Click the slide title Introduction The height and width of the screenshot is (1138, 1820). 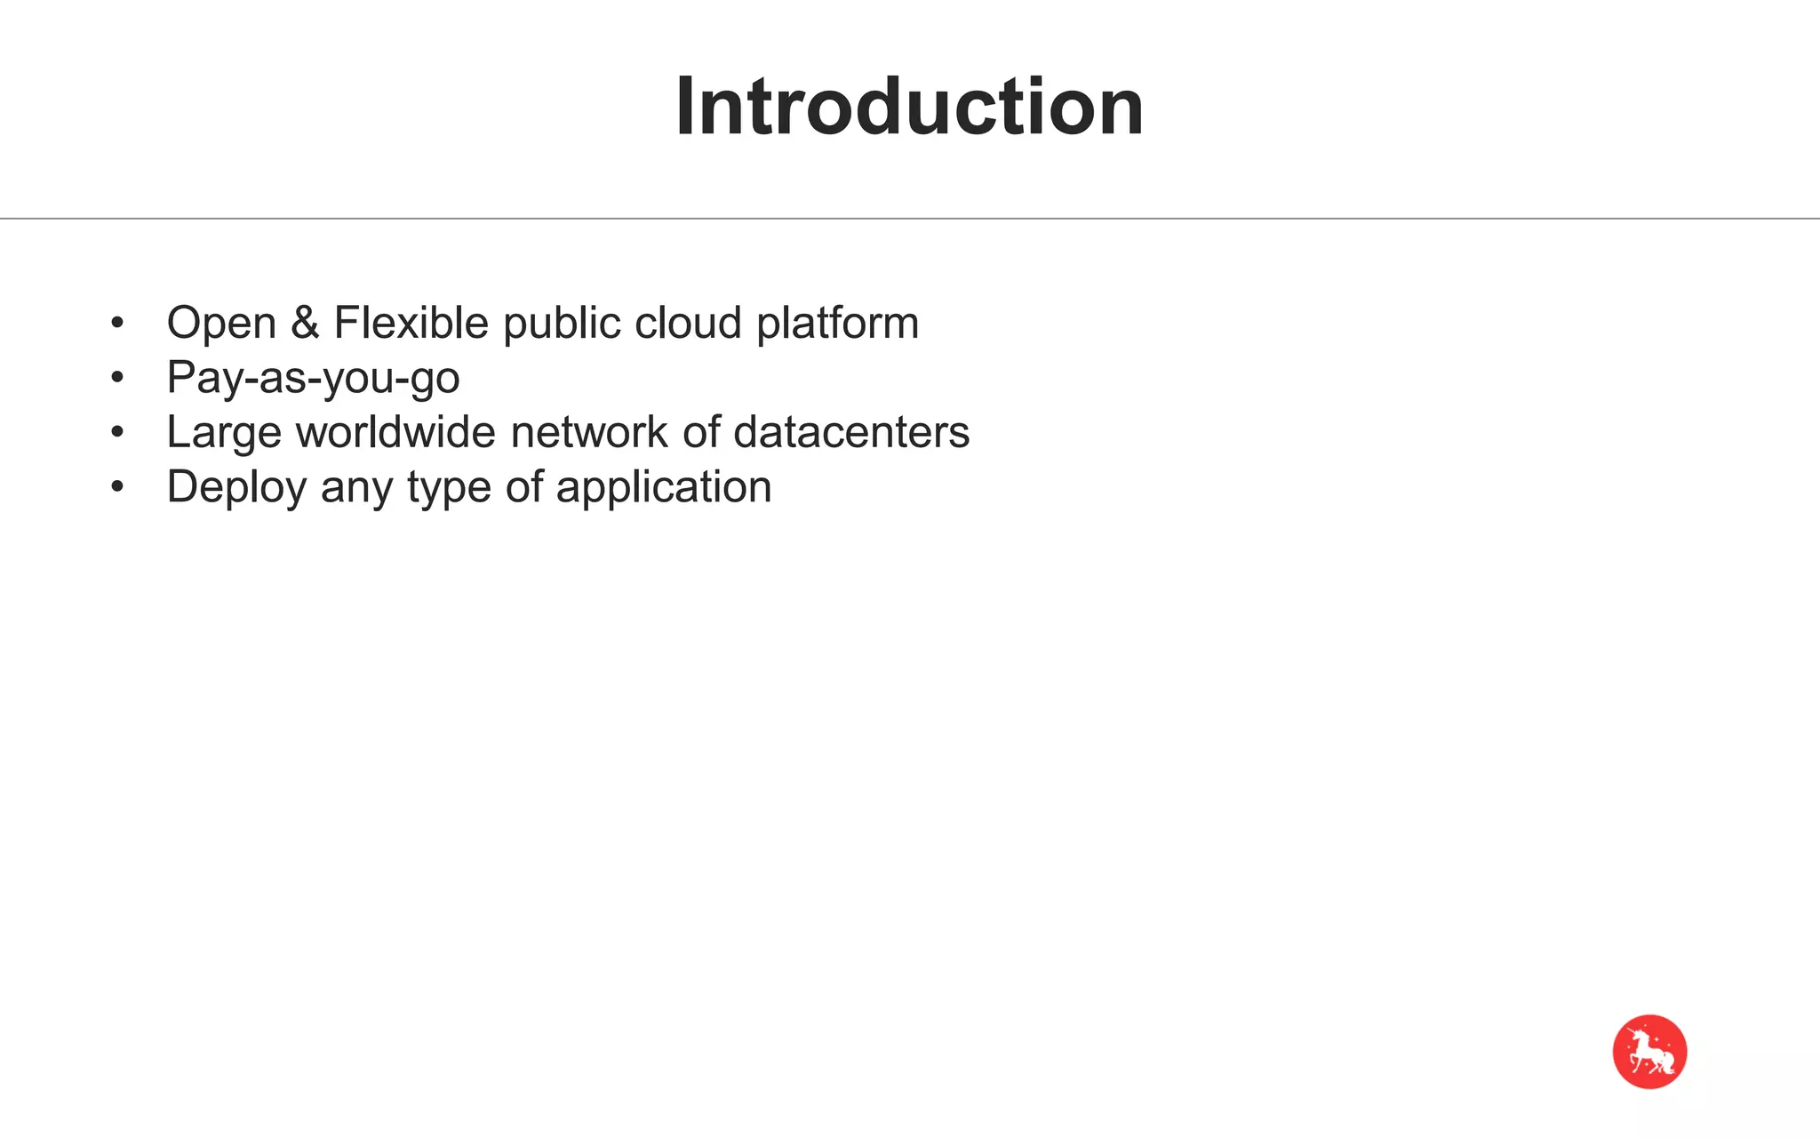909,108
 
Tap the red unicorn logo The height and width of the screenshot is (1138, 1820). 1649,1052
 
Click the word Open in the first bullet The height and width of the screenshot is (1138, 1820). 221,323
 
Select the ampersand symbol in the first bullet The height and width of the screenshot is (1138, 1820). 305,322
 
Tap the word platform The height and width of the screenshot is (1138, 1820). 837,324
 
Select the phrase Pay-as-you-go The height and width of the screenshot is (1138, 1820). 313,378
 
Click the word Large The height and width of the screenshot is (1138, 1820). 224,433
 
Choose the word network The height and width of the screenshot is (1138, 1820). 589,432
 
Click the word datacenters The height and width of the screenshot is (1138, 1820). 851,432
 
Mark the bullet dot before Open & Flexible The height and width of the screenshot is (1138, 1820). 117,324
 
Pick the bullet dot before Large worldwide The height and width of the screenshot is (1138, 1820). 117,433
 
